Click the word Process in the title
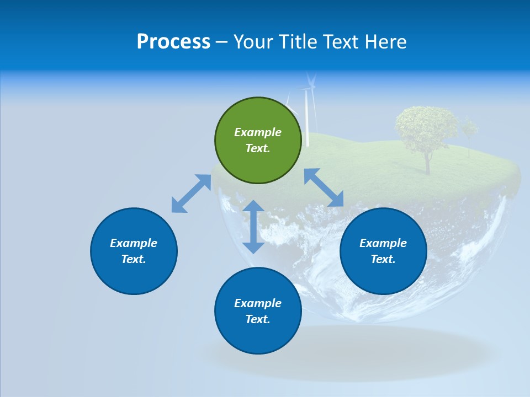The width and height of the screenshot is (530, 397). pos(173,42)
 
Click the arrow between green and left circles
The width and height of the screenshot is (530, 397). pos(191,194)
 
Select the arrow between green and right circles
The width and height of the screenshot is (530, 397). pos(324,187)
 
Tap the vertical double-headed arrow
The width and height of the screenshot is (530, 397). pos(253,227)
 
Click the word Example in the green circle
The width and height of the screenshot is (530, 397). pos(258,132)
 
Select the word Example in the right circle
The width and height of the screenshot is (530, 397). pos(383,243)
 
